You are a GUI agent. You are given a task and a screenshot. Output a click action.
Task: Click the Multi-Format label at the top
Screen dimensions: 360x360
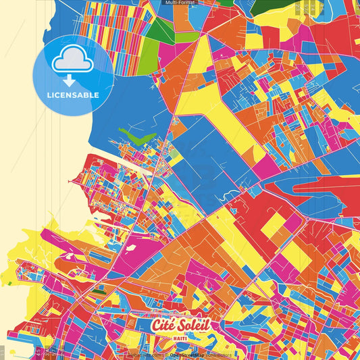click(180, 3)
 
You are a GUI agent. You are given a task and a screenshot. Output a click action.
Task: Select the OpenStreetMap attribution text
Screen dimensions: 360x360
click(187, 355)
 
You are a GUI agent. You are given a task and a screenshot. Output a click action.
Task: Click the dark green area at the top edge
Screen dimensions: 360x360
click(270, 7)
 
